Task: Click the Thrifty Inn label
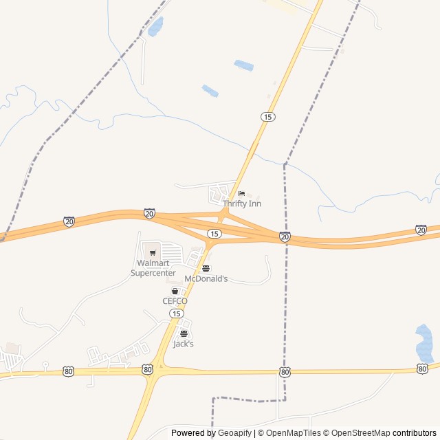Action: pyautogui.click(x=241, y=203)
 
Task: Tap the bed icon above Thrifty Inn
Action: pyautogui.click(x=241, y=194)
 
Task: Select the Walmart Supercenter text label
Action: pyautogui.click(x=153, y=268)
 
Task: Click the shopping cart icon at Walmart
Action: pyautogui.click(x=153, y=253)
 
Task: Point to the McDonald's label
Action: pyautogui.click(x=206, y=278)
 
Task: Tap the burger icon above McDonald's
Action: pyautogui.click(x=206, y=268)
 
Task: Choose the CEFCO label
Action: pyautogui.click(x=175, y=301)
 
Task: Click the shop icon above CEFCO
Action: pyautogui.click(x=175, y=291)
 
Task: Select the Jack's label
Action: pyautogui.click(x=183, y=344)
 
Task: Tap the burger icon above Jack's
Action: pyautogui.click(x=183, y=333)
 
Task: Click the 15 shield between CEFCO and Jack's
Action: pyautogui.click(x=177, y=313)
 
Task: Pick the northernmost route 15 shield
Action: pyautogui.click(x=268, y=117)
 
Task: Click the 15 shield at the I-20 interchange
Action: pyautogui.click(x=214, y=234)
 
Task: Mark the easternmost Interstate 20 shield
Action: pyautogui.click(x=421, y=230)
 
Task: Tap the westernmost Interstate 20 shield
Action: pyautogui.click(x=69, y=221)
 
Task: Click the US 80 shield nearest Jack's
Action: pyautogui.click(x=148, y=370)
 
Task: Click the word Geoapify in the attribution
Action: pyautogui.click(x=234, y=433)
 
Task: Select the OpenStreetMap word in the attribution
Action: pyautogui.click(x=357, y=433)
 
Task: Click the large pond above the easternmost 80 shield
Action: pyautogui.click(x=424, y=344)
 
